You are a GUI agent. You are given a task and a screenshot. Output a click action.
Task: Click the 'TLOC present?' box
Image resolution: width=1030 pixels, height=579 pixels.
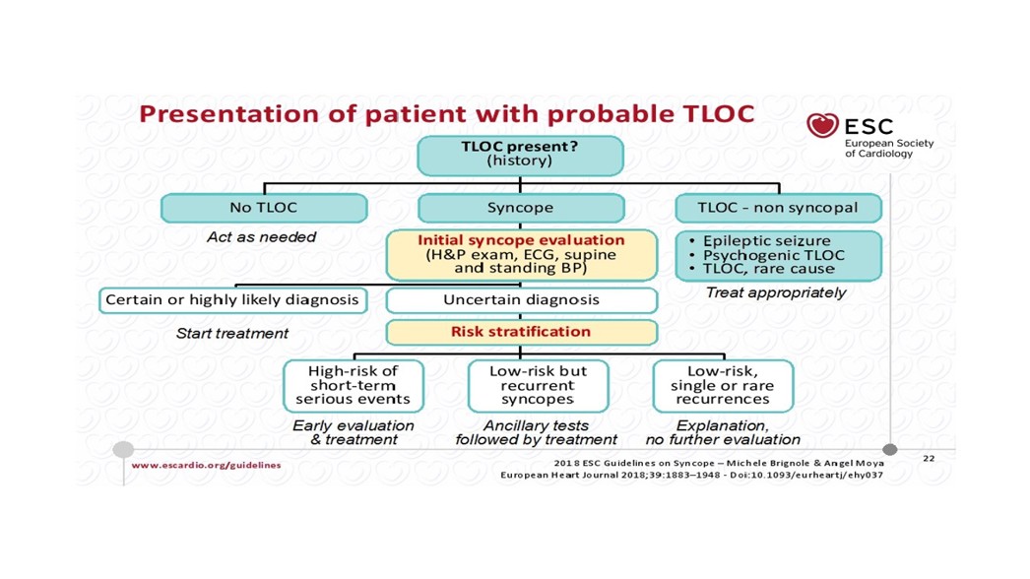[520, 156]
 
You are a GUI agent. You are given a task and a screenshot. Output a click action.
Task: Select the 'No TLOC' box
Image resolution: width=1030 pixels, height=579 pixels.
[263, 208]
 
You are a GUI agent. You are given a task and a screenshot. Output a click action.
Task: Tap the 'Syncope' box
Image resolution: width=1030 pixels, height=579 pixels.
[520, 208]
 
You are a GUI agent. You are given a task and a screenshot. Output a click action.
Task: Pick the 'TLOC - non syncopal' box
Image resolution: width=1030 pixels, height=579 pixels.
[778, 208]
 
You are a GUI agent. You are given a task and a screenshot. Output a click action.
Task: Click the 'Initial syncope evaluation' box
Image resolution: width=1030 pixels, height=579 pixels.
[521, 254]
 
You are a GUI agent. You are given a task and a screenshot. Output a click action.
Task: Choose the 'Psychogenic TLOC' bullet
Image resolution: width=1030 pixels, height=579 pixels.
[768, 255]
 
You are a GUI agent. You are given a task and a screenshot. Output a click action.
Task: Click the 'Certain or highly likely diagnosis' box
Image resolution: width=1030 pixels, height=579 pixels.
[232, 299]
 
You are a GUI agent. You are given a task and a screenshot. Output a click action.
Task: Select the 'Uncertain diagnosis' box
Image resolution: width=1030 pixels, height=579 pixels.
[521, 299]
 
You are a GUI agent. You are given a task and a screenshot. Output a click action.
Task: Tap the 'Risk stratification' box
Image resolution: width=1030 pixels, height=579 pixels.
[521, 332]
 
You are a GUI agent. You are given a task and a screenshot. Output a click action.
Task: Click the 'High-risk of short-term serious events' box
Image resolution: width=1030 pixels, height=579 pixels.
[353, 385]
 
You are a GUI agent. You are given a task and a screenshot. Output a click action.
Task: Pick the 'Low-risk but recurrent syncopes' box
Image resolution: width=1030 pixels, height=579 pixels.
[537, 385]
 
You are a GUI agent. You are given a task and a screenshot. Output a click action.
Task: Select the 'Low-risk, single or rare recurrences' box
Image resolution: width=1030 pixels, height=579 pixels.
[722, 385]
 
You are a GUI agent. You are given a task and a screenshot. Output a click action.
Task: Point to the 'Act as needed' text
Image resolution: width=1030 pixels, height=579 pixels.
[261, 237]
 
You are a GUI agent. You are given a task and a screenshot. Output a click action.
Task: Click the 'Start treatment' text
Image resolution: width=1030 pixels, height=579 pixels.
[232, 333]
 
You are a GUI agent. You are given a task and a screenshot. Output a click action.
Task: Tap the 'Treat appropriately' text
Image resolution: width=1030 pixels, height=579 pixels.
[776, 292]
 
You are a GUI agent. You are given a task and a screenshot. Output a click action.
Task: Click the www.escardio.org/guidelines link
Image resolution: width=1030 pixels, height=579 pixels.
[206, 465]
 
